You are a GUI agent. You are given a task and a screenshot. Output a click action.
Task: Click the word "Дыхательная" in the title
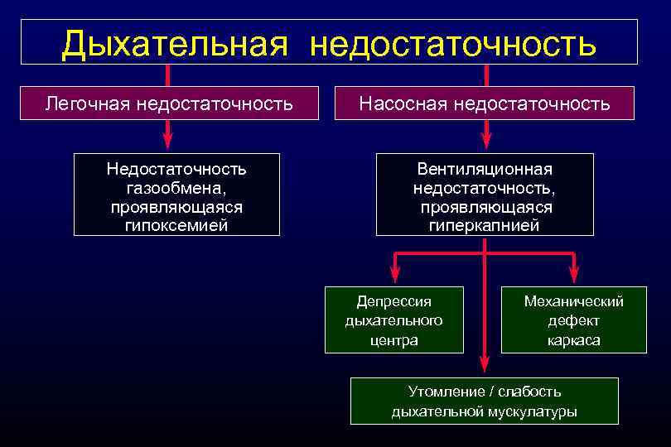coord(174,43)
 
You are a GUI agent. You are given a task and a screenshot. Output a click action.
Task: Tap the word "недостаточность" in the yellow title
coord(453,43)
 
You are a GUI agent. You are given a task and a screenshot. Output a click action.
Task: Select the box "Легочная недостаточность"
coord(169,103)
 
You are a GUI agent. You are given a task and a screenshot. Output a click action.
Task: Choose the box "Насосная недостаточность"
coord(485,103)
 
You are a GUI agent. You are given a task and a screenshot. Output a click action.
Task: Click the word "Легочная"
coord(89,103)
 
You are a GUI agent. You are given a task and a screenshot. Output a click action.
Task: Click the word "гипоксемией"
coord(176,224)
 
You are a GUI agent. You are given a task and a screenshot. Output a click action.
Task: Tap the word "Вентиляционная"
coord(485,170)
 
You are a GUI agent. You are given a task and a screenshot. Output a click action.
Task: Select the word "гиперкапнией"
coord(485,224)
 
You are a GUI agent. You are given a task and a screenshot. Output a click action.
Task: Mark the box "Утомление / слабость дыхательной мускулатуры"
coord(485,401)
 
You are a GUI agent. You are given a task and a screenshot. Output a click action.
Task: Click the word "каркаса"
coord(574,340)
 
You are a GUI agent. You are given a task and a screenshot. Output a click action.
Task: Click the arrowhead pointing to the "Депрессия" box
coord(394,277)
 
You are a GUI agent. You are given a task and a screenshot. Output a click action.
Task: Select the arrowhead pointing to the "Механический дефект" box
coord(574,277)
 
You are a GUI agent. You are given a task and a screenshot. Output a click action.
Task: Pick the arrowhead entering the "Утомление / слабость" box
coord(485,368)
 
